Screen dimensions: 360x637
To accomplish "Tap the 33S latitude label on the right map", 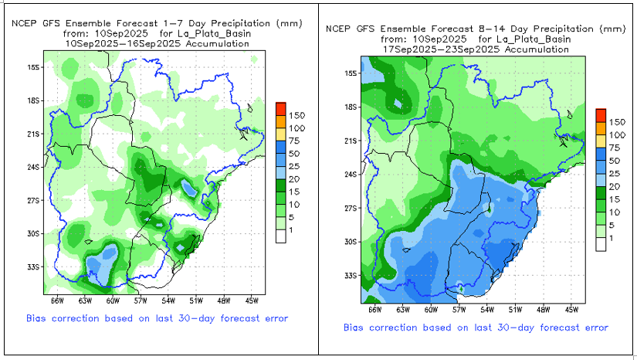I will pyautogui.click(x=350, y=276).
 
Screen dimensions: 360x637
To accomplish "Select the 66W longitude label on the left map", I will pyautogui.click(x=56, y=301).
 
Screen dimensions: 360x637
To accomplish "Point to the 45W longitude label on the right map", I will pyautogui.click(x=571, y=308).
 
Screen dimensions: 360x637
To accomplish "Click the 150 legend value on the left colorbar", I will pyautogui.click(x=297, y=114).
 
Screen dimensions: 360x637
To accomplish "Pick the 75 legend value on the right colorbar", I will pyautogui.click(x=615, y=148).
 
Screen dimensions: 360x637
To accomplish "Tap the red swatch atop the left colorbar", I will pyautogui.click(x=281, y=107).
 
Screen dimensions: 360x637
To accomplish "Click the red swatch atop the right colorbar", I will pyautogui.click(x=600, y=114).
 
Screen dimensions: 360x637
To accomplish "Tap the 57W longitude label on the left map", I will pyautogui.click(x=141, y=301).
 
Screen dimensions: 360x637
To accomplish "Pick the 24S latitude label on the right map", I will pyautogui.click(x=350, y=175).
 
